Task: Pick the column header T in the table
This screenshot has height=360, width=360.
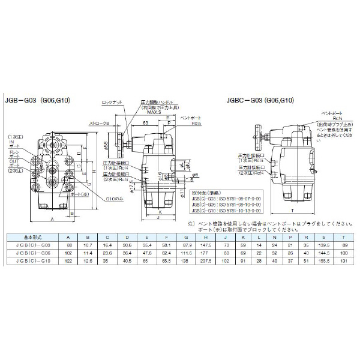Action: (343, 238)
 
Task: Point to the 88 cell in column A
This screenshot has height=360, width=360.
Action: (70, 247)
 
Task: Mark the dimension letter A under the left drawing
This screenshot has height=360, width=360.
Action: (53, 220)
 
